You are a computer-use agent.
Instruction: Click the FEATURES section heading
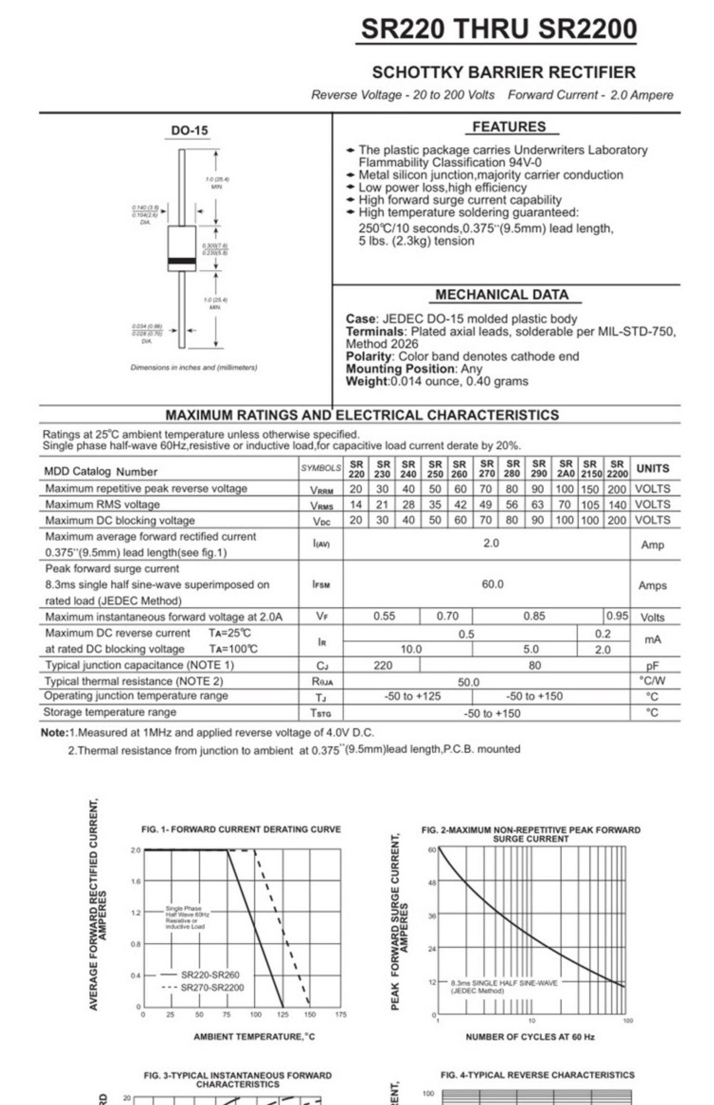click(509, 127)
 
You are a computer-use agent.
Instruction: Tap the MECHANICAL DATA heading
click(502, 295)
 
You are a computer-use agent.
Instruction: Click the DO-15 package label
click(189, 130)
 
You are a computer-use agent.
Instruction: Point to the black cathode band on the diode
click(182, 261)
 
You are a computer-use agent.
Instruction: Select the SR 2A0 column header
click(565, 469)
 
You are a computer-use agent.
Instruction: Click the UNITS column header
click(653, 469)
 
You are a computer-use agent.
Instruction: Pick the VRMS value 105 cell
click(590, 504)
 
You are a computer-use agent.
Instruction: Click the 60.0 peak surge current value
click(492, 584)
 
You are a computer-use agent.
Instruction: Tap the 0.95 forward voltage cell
click(617, 616)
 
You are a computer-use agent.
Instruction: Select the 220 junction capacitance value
click(383, 665)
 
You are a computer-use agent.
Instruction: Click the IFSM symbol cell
click(321, 584)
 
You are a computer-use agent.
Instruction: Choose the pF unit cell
click(652, 666)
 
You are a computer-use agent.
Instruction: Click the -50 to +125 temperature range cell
click(412, 697)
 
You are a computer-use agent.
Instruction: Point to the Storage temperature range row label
click(110, 712)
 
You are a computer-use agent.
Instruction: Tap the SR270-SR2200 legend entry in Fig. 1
click(212, 987)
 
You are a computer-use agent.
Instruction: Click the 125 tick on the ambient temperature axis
click(283, 1014)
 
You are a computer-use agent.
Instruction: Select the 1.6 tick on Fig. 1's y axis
click(136, 881)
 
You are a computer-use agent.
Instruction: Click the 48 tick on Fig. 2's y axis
click(432, 883)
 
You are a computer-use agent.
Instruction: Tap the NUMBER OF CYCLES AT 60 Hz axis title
click(530, 1036)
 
